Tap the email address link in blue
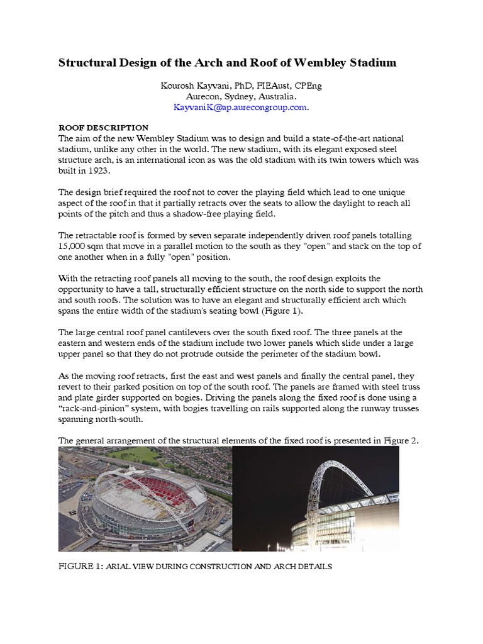coord(241,108)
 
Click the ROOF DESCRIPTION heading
coord(103,128)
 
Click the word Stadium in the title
coord(376,63)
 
